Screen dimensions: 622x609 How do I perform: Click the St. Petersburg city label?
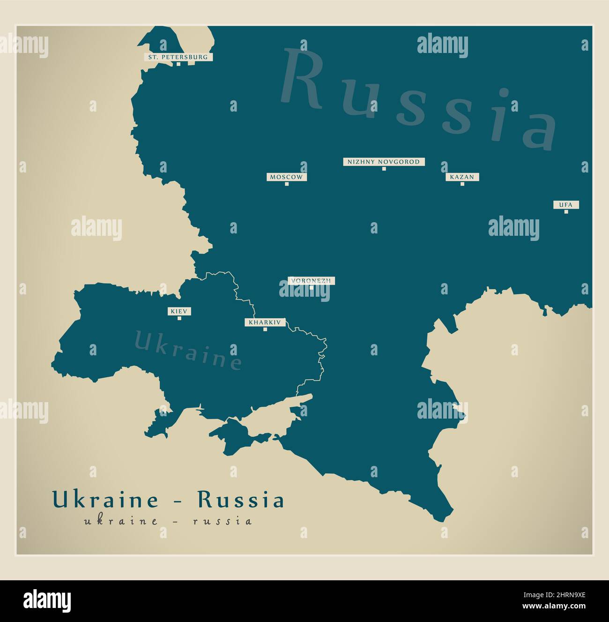coord(178,57)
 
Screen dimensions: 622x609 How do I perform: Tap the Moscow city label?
coord(287,177)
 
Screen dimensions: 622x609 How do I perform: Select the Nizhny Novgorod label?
coord(384,162)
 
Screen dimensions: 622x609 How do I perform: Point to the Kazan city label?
coord(462,177)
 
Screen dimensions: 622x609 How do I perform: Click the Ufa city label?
coord(566,205)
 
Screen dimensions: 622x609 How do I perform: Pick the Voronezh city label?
coord(311,281)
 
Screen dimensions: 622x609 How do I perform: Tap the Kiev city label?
coord(179,311)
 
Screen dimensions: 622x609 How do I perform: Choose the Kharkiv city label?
coord(265,322)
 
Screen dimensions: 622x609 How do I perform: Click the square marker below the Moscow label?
coord(287,184)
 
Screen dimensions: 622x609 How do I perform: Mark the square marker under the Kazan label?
coord(462,184)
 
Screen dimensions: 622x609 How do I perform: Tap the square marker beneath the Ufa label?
coord(566,212)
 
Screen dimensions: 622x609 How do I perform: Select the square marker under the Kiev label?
coord(179,318)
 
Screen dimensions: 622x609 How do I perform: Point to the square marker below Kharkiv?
coord(265,330)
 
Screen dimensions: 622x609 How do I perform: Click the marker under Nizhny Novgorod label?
coord(384,169)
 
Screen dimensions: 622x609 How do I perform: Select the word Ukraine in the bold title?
coord(105,500)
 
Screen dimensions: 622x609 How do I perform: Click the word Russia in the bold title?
coord(241,500)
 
